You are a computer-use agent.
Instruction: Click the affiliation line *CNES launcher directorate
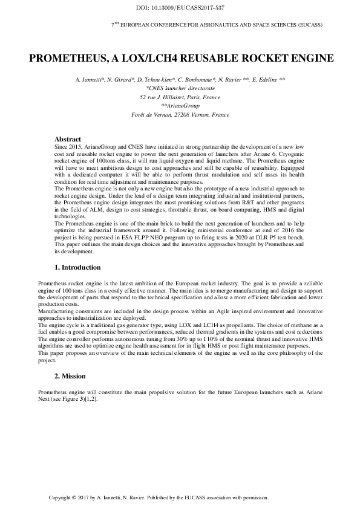coord(180,88)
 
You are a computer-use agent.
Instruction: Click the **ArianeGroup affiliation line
coord(180,105)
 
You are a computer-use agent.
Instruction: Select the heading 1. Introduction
coord(78,267)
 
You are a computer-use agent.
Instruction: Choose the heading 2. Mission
coord(70,376)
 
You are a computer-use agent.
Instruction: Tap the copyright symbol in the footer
coord(73,498)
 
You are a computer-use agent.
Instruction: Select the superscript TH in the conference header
coord(116,24)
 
